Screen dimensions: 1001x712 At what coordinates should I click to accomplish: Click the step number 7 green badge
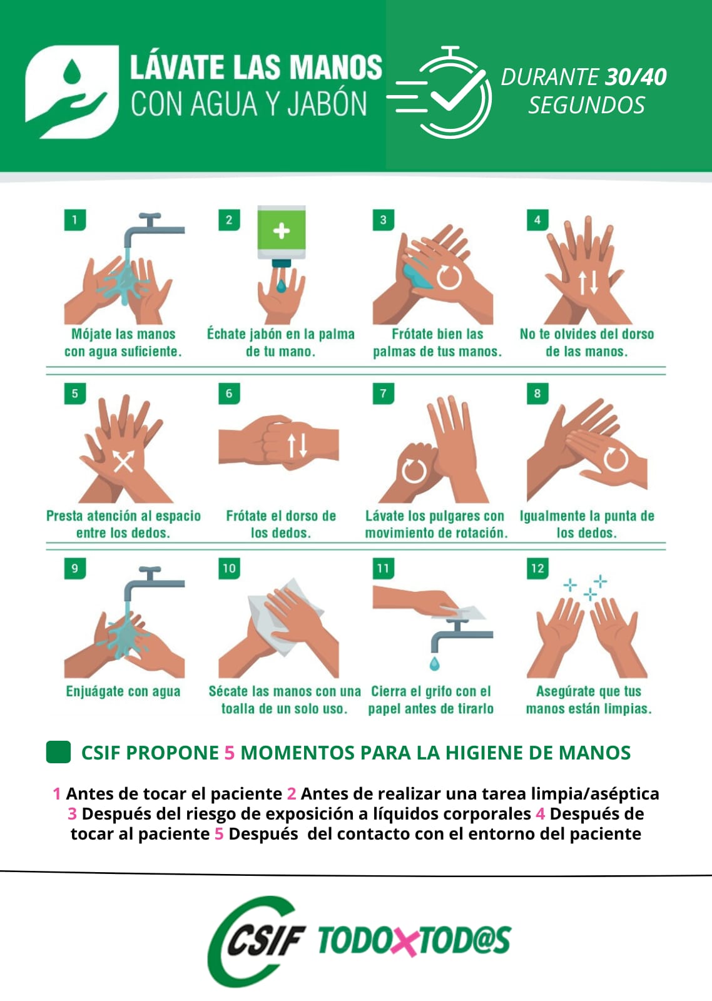pyautogui.click(x=383, y=394)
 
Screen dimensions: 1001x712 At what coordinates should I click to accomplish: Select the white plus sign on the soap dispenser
pyautogui.click(x=282, y=230)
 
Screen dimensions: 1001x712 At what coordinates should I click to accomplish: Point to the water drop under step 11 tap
pyautogui.click(x=434, y=662)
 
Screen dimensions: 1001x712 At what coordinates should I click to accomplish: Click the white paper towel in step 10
pyautogui.click(x=285, y=616)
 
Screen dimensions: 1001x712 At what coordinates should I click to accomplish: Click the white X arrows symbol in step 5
pyautogui.click(x=123, y=462)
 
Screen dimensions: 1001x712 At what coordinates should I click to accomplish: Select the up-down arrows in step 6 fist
pyautogui.click(x=297, y=445)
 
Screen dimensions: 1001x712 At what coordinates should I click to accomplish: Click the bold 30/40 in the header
pyautogui.click(x=636, y=77)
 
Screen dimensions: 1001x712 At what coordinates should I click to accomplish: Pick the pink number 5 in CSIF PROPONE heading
pyautogui.click(x=230, y=753)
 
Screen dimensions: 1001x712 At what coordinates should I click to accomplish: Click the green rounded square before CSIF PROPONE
pyautogui.click(x=59, y=753)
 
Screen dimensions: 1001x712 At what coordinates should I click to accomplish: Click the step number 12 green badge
pyautogui.click(x=537, y=569)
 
